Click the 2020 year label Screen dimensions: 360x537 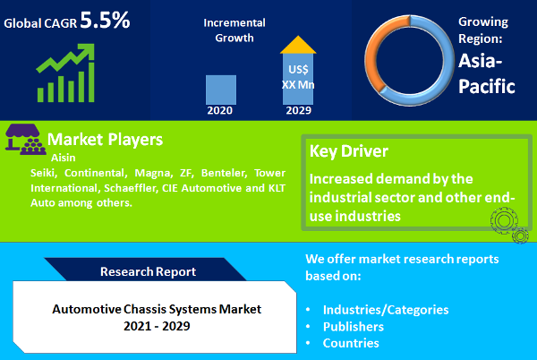pyautogui.click(x=221, y=111)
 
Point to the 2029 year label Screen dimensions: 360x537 pyautogui.click(x=298, y=111)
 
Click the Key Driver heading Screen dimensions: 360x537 pyautogui.click(x=349, y=150)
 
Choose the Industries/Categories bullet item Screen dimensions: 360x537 pyautogui.click(x=386, y=309)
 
